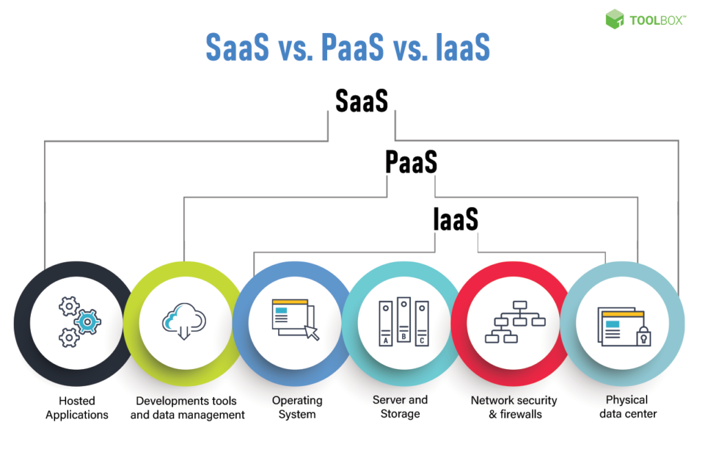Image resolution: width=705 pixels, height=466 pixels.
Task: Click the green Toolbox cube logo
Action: [x=615, y=19]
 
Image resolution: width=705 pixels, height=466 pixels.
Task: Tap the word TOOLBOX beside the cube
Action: [x=656, y=21]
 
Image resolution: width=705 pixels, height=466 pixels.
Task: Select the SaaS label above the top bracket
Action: [x=361, y=100]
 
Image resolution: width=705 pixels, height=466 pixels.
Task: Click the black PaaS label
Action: [x=411, y=162]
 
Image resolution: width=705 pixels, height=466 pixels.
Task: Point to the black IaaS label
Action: [x=456, y=220]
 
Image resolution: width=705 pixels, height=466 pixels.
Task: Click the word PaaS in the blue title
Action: [x=353, y=47]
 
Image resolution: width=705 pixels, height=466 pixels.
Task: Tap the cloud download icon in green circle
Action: [x=184, y=321]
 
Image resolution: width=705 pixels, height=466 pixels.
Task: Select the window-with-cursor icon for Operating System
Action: [x=295, y=319]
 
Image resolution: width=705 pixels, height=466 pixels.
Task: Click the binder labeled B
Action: [x=403, y=319]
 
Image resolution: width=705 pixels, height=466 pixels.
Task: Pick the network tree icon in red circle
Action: [x=515, y=321]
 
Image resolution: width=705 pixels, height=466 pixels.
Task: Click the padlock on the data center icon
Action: [x=644, y=336]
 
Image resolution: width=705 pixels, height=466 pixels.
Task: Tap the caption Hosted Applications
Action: [x=77, y=407]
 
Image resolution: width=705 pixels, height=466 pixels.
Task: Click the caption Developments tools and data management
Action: [x=187, y=407]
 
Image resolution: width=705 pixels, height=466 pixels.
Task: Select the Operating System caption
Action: [x=297, y=407]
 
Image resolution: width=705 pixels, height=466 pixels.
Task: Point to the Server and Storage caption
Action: [x=400, y=407]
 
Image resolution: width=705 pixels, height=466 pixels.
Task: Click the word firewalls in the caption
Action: [x=520, y=414]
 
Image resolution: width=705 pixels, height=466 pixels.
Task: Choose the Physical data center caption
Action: [x=628, y=407]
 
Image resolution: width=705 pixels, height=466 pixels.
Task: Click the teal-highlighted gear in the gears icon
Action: [x=87, y=321]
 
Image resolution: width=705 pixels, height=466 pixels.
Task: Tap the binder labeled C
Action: [x=422, y=323]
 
